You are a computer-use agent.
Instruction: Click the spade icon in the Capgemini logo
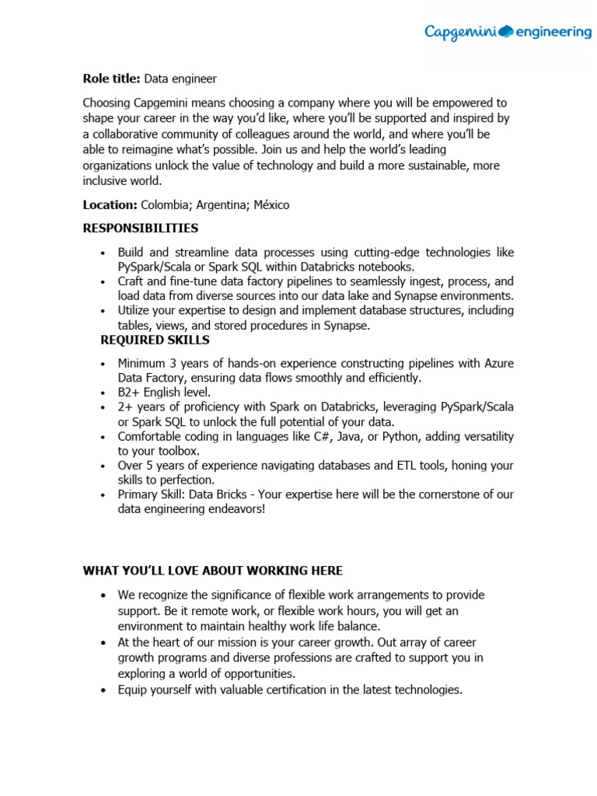tap(505, 31)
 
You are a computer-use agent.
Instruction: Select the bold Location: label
tap(110, 204)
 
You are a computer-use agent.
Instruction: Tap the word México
tap(272, 204)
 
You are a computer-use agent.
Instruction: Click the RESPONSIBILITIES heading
tap(141, 229)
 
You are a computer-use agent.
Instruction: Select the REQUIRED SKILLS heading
tap(155, 340)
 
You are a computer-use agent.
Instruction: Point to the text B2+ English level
tap(164, 393)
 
